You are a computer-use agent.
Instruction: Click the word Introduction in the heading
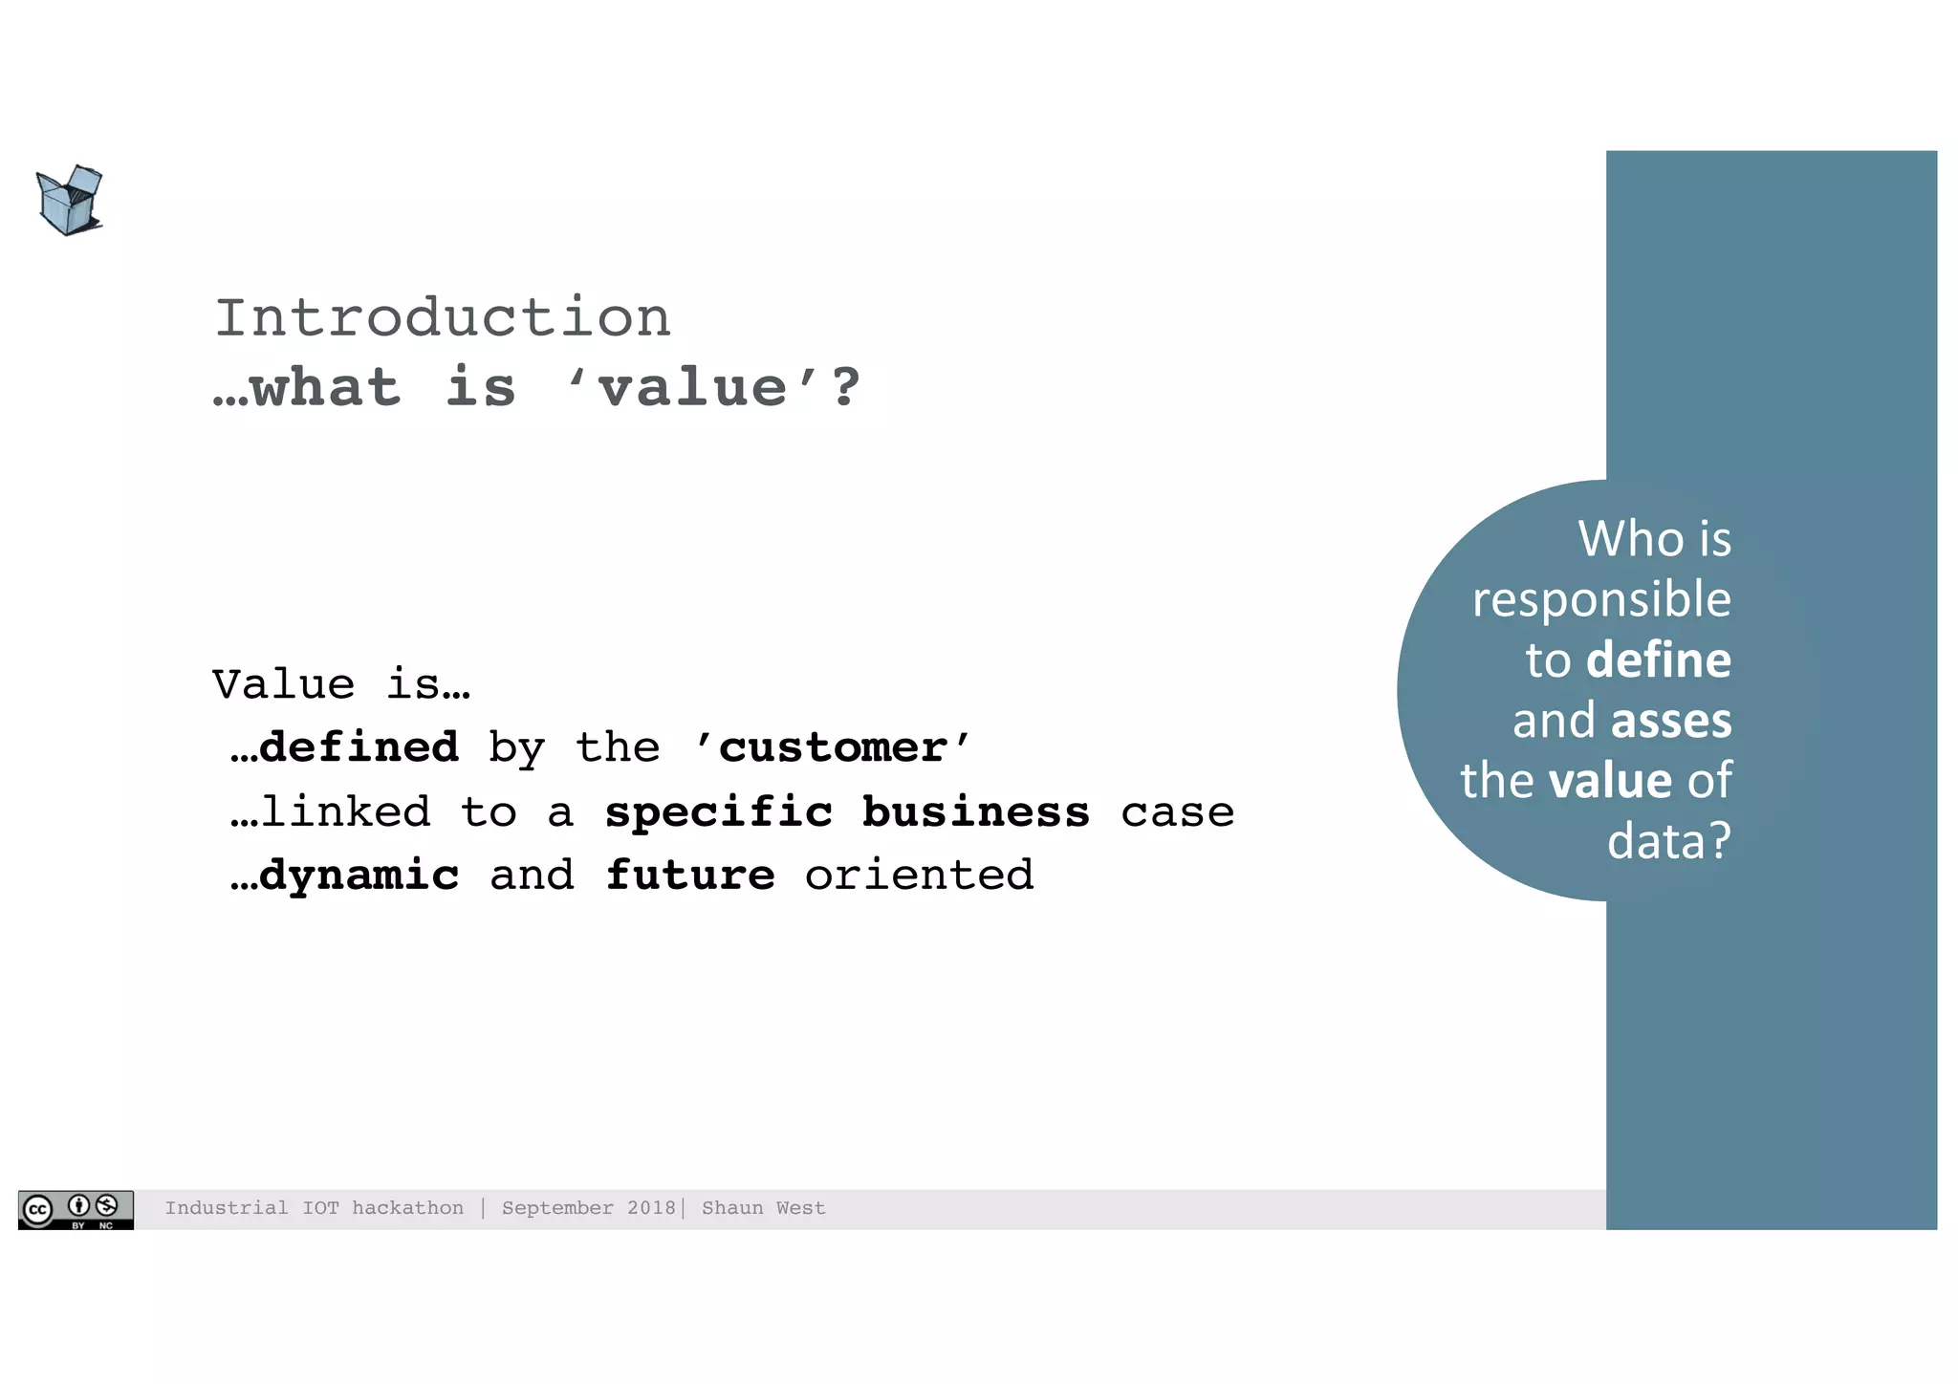(443, 317)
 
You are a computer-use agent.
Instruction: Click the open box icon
(69, 201)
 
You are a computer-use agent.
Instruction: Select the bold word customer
(833, 747)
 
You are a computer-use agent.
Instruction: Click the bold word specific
(719, 812)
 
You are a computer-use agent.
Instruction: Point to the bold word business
(975, 812)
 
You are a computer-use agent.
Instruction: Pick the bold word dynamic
(359, 876)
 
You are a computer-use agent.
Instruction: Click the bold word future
(690, 876)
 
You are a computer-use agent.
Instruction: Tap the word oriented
(919, 876)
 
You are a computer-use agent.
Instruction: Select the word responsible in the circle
(1601, 600)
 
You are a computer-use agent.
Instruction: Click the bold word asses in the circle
(1671, 721)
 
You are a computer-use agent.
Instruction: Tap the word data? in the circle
(1668, 841)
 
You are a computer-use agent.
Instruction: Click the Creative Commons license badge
(76, 1209)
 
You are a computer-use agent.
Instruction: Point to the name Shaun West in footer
(763, 1208)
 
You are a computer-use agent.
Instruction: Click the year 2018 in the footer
(651, 1208)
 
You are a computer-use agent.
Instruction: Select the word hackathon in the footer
(407, 1208)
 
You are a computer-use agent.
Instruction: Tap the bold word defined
(359, 747)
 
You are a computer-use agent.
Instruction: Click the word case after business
(1177, 812)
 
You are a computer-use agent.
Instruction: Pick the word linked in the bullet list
(345, 812)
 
